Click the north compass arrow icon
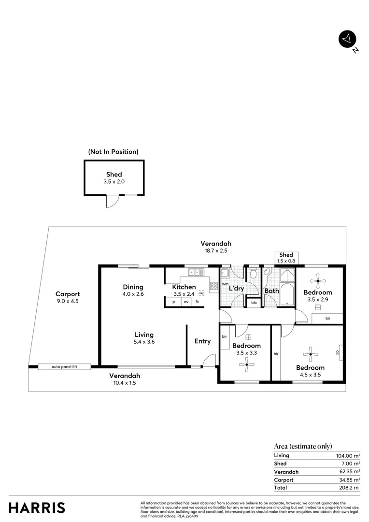click(346, 39)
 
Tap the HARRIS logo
click(37, 507)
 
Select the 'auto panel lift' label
click(64, 367)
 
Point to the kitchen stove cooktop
click(213, 286)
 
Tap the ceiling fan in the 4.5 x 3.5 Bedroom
click(310, 352)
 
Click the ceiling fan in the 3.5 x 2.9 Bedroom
click(318, 279)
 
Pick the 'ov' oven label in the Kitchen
click(185, 302)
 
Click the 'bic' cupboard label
click(254, 303)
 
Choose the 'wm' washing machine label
click(225, 284)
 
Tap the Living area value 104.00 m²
click(348, 456)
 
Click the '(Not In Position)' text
click(113, 152)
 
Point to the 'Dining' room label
click(133, 287)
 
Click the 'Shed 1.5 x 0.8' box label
click(286, 258)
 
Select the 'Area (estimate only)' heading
click(303, 446)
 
